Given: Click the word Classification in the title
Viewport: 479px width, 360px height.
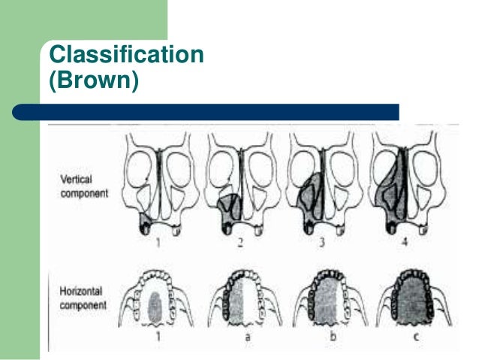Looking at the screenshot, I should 125,54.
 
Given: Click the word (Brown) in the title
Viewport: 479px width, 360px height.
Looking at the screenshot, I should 94,79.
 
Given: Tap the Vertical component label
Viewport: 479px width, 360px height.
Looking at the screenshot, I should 84,186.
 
